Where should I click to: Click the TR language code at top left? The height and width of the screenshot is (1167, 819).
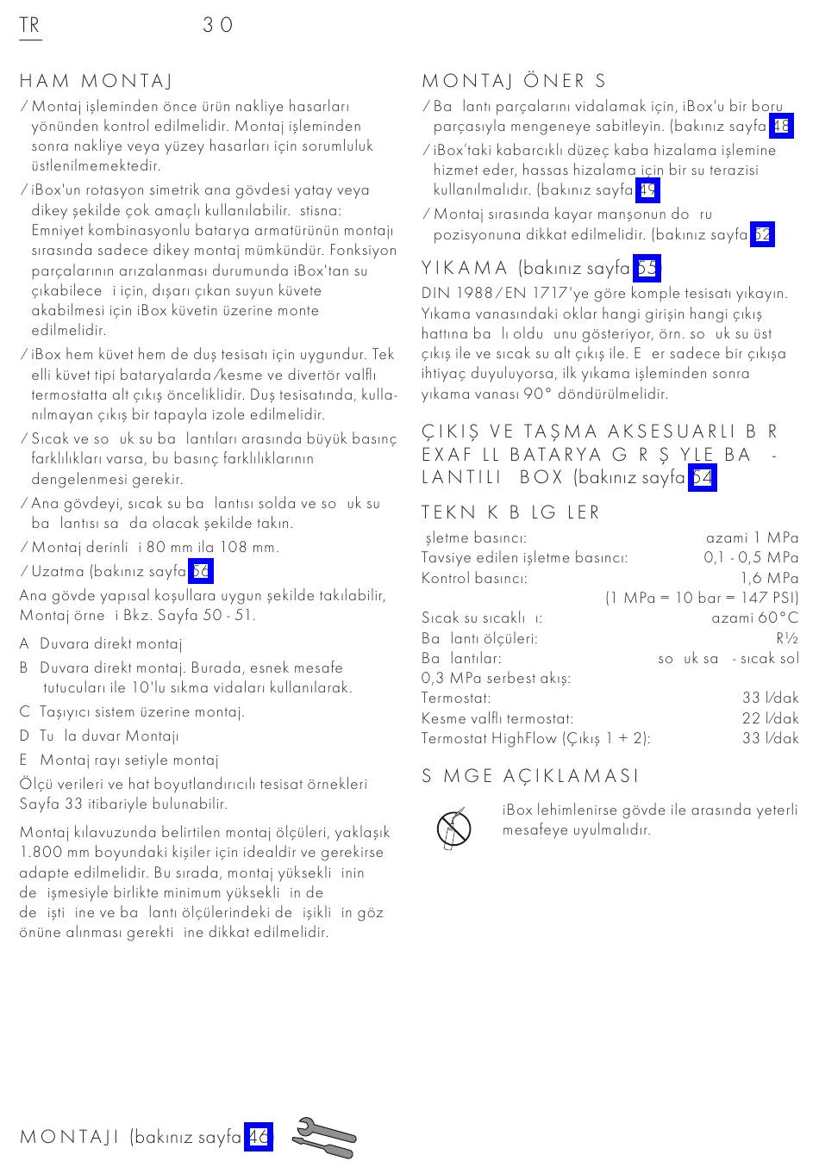point(29,25)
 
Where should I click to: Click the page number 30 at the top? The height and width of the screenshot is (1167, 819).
point(218,25)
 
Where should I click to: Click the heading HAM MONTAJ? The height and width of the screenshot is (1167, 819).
point(96,81)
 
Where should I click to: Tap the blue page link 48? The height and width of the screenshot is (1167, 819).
point(781,127)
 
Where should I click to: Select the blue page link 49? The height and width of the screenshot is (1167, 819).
point(648,189)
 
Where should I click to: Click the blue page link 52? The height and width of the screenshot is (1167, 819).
point(762,234)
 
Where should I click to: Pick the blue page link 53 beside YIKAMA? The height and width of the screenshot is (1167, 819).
point(647,269)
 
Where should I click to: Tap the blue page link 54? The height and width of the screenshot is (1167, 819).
point(703,477)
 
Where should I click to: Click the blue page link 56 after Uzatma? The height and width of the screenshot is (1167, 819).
point(201,571)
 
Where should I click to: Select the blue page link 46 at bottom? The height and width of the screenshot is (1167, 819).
point(259,1137)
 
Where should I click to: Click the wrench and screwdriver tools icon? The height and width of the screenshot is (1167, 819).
point(324,1138)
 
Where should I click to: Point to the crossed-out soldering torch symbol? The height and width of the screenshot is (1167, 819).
point(453,829)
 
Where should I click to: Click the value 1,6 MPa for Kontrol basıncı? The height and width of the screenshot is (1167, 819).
point(769,578)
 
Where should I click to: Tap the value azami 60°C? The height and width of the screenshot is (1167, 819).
point(754,618)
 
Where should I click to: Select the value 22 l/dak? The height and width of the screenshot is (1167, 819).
point(770,717)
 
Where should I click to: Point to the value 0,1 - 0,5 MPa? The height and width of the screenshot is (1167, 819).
point(751,557)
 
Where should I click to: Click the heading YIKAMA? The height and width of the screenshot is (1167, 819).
point(466,269)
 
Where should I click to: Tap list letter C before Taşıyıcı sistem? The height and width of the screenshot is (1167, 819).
point(24,711)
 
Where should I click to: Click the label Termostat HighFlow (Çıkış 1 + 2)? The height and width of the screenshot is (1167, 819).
point(535,737)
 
